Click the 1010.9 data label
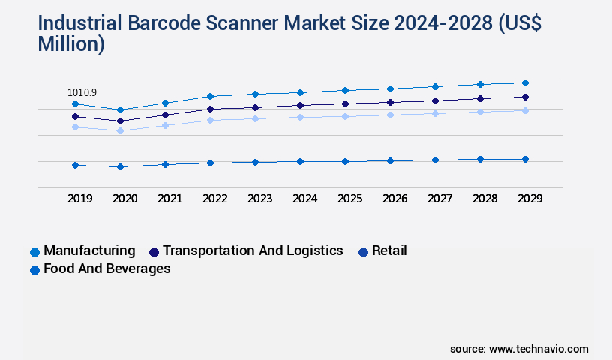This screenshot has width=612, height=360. (82, 92)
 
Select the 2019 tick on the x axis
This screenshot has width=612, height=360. (80, 199)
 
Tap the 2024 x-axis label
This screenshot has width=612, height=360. (305, 199)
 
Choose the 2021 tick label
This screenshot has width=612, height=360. (169, 199)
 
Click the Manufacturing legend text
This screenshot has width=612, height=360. (89, 250)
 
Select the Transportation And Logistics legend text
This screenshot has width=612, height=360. (253, 250)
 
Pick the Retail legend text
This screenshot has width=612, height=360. (389, 250)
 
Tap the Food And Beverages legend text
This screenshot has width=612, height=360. (107, 268)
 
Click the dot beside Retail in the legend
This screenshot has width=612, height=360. (364, 252)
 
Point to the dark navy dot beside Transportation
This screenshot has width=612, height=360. (154, 252)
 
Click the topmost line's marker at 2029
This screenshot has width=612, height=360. (525, 82)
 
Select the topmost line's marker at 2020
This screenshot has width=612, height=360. (120, 109)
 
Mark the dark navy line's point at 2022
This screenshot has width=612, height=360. (210, 109)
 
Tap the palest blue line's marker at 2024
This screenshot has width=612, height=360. (300, 117)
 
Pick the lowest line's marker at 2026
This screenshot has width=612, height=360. (390, 160)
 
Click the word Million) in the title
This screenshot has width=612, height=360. (71, 44)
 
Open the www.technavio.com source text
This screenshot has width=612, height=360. (538, 349)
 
